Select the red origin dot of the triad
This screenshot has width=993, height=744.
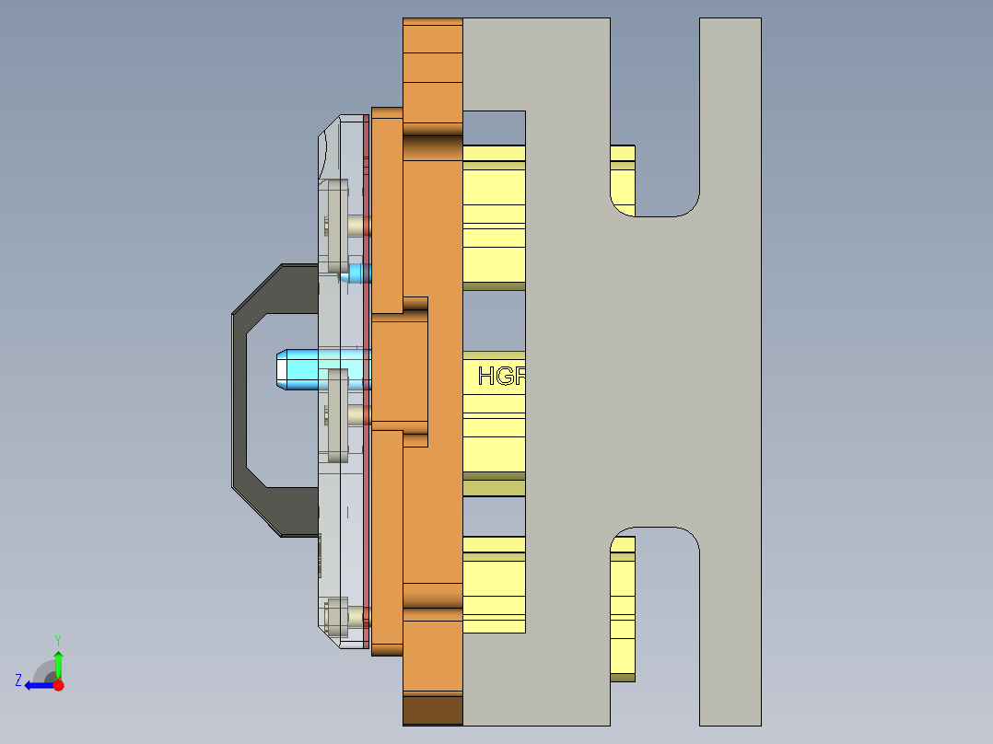click(58, 685)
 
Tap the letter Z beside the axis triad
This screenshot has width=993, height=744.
click(18, 680)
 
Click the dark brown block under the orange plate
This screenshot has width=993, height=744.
click(432, 709)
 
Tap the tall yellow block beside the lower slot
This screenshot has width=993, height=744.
click(623, 608)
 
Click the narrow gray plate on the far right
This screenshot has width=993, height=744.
click(730, 368)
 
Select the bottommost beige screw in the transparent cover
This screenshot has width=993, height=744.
click(337, 617)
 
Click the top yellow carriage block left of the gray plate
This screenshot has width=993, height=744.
click(493, 216)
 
